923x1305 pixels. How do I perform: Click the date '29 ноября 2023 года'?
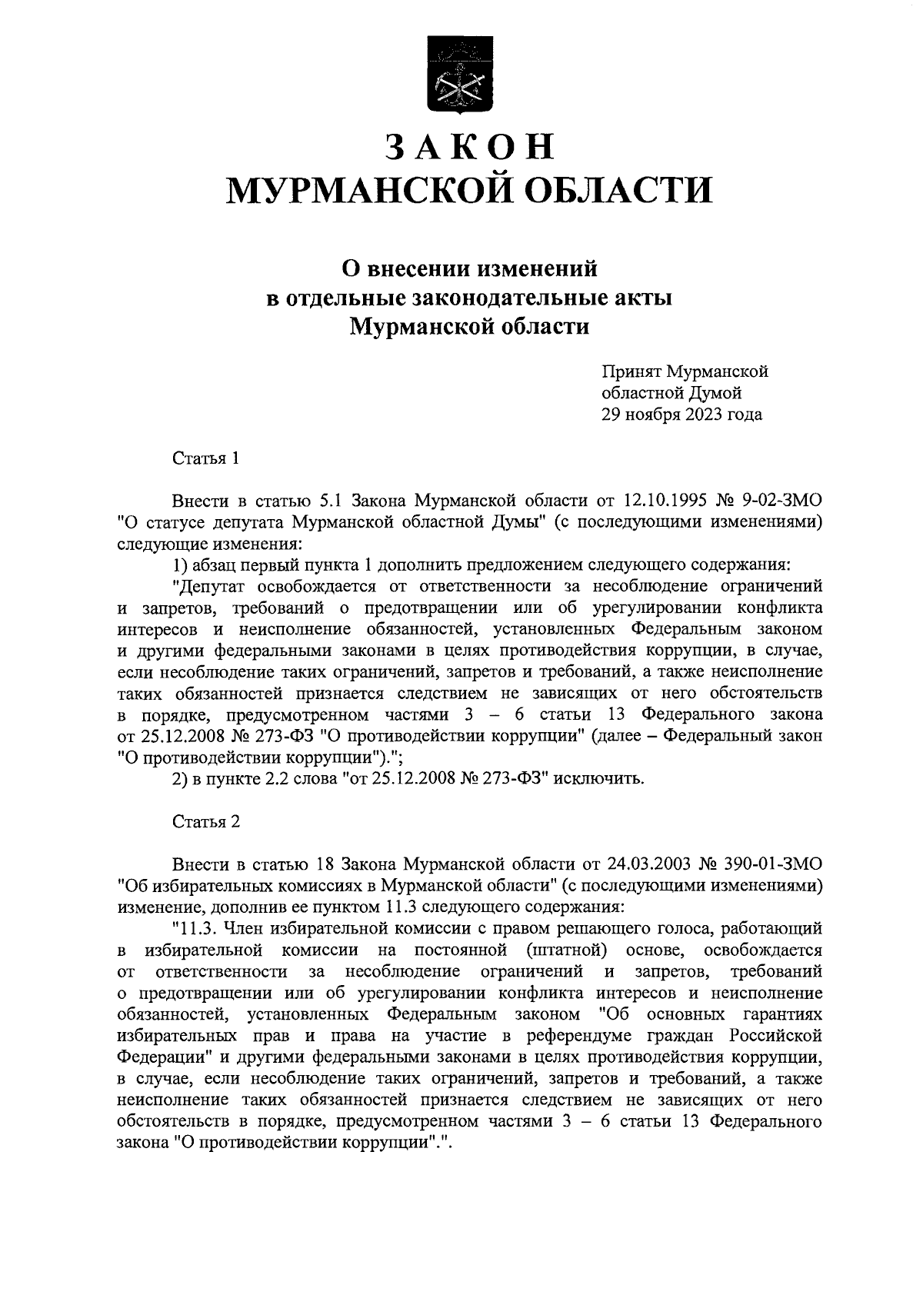click(x=681, y=414)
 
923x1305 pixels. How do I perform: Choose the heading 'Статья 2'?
click(x=206, y=821)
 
